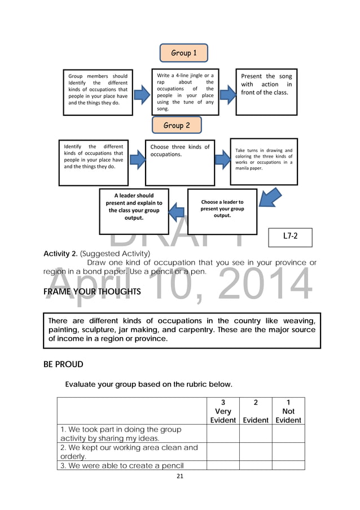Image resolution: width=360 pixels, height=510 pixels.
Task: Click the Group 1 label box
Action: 183,53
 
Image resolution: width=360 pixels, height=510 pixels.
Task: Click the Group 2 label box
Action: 177,125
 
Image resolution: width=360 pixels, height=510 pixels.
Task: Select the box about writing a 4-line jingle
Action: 185,92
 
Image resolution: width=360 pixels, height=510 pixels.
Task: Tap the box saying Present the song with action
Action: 266,92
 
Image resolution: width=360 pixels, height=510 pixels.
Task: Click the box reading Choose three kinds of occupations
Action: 180,163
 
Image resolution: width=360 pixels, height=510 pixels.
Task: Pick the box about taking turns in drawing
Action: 264,162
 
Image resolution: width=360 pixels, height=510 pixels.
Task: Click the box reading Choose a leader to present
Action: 222,211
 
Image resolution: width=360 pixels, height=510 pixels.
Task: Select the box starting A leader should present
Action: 134,211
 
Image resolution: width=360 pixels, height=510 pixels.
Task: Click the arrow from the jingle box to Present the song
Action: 227,94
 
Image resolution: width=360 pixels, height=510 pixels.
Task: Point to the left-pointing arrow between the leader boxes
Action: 178,212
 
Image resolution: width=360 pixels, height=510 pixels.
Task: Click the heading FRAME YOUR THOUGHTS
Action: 92,292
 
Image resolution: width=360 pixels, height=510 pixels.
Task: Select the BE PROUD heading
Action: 63,364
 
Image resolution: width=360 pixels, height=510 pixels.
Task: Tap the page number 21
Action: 180,476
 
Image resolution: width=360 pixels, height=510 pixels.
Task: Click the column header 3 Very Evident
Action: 223,411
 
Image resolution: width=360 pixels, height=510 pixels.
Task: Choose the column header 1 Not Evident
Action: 288,411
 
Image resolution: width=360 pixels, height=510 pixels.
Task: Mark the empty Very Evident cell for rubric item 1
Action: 223,434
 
